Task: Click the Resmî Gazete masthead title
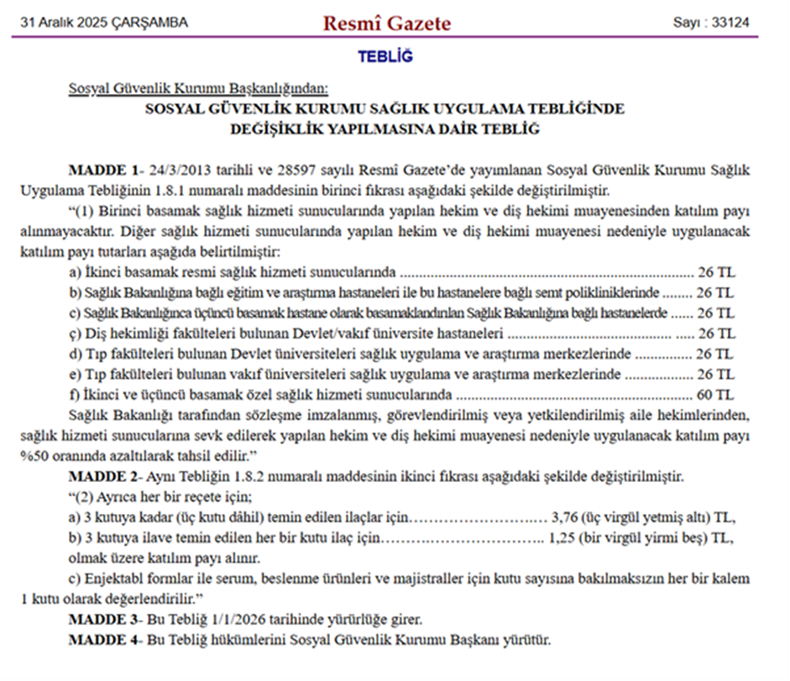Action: coord(386,23)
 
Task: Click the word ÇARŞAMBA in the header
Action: coord(158,23)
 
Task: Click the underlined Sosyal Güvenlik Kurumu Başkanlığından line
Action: coord(198,88)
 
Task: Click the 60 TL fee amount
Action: coord(715,394)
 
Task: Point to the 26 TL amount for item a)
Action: coord(715,272)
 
